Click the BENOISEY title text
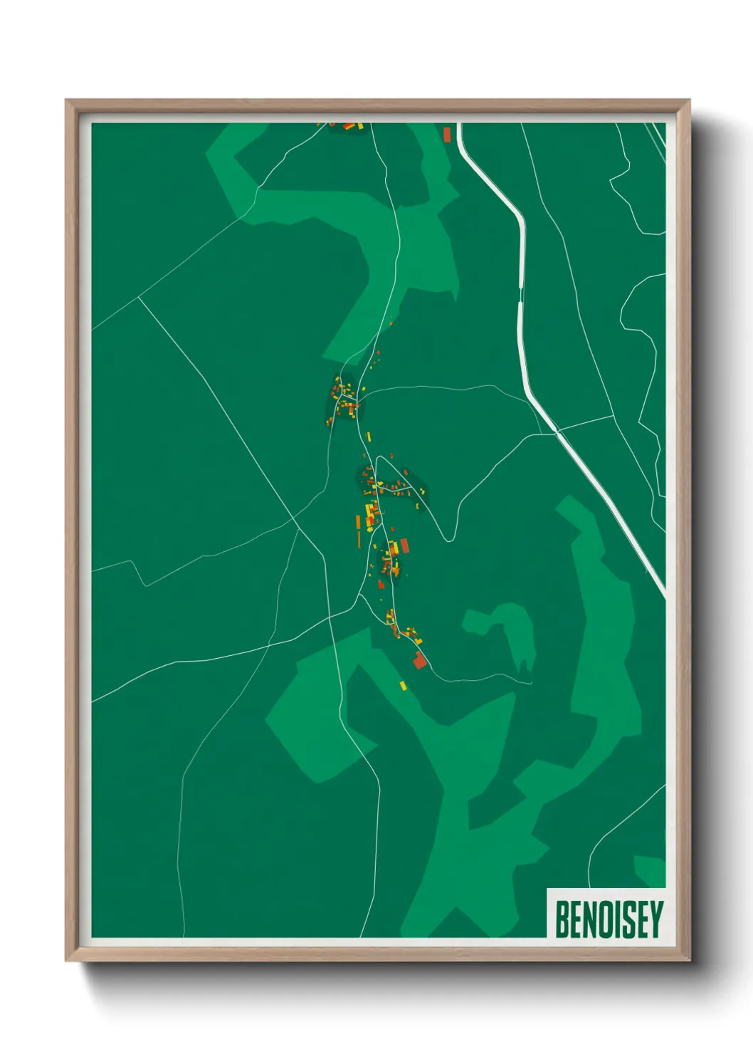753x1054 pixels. (x=609, y=919)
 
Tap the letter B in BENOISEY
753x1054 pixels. (x=560, y=919)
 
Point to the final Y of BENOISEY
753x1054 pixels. (x=655, y=919)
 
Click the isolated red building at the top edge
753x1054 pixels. (x=447, y=134)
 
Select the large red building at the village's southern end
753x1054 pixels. (x=419, y=661)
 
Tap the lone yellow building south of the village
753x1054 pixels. (x=403, y=685)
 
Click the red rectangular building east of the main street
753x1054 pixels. (x=404, y=546)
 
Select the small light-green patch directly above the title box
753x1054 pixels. (x=650, y=870)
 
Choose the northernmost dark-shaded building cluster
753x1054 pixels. (x=342, y=400)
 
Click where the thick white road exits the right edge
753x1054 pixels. (x=663, y=595)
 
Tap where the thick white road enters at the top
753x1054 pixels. (x=460, y=125)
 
